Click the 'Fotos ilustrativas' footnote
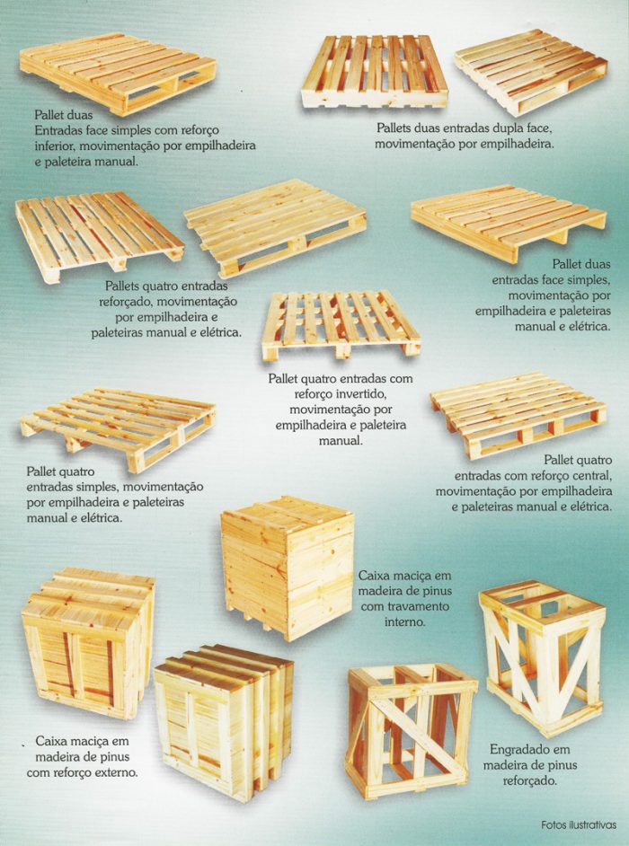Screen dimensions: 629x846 click(579, 825)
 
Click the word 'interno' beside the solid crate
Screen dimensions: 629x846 click(405, 621)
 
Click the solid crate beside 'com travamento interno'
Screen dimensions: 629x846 click(288, 568)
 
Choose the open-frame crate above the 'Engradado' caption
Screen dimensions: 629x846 click(542, 658)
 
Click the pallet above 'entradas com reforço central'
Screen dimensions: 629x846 click(518, 415)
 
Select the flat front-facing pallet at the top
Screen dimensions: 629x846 click(375, 71)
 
